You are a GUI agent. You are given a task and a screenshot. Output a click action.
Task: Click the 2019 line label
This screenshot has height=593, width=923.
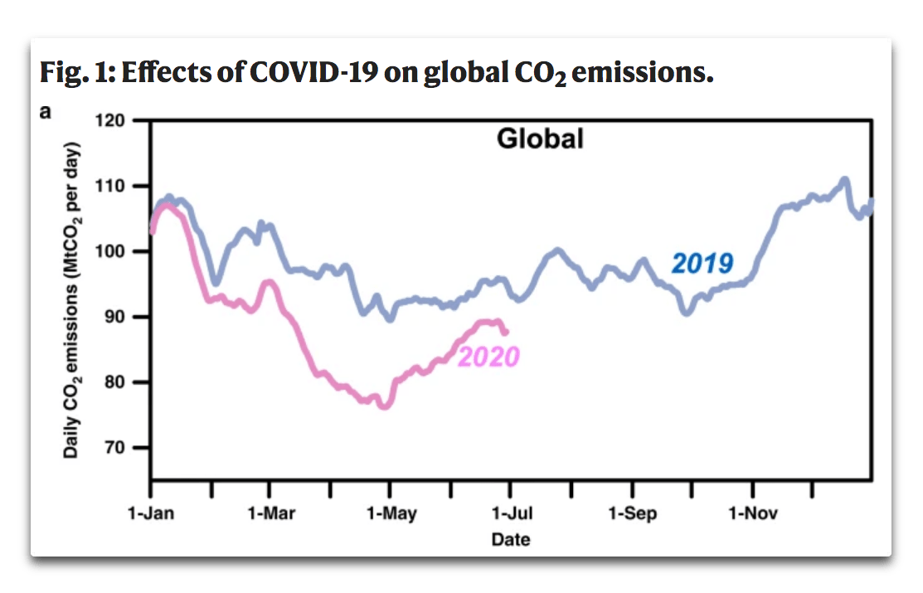[702, 264]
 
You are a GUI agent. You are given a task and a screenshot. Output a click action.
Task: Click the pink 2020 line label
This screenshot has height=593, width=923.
[488, 357]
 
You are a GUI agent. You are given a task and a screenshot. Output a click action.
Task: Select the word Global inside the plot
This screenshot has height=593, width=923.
[540, 139]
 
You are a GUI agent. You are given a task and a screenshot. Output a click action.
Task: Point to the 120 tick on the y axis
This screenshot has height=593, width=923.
[120, 120]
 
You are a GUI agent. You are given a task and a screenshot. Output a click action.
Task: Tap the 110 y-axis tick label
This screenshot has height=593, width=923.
[120, 186]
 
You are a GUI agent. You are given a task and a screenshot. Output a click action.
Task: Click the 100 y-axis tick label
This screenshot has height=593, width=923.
[120, 251]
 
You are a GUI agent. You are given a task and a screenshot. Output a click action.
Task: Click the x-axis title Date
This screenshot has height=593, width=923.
[511, 540]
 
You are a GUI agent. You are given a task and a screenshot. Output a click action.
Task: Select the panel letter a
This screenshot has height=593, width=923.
[45, 112]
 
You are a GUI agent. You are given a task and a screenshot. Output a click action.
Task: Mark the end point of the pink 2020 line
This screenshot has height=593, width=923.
[506, 332]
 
